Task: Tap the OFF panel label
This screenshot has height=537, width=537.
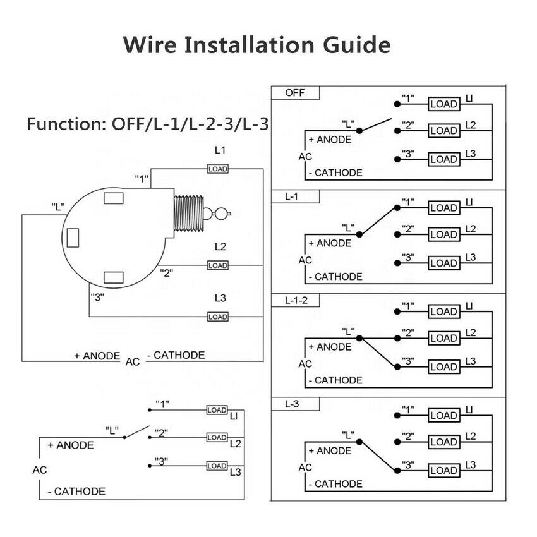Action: pyautogui.click(x=294, y=92)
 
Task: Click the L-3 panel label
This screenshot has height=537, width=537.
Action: pyautogui.click(x=291, y=404)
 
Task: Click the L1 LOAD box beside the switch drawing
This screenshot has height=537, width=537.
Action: pyautogui.click(x=217, y=169)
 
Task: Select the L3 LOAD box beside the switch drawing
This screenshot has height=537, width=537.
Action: pyautogui.click(x=217, y=317)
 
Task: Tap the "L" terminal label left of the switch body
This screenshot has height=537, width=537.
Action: pyautogui.click(x=59, y=206)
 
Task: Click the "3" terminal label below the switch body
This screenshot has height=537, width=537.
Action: pyautogui.click(x=98, y=297)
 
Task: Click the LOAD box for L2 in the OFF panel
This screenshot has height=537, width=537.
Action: pyautogui.click(x=443, y=131)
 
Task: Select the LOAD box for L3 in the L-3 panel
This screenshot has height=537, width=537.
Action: pyautogui.click(x=443, y=470)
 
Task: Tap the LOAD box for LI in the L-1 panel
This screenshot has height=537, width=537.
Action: pyautogui.click(x=443, y=208)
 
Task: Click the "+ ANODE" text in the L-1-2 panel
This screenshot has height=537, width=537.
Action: pyautogui.click(x=329, y=347)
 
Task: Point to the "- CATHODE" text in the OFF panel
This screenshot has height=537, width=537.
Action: pyautogui.click(x=335, y=172)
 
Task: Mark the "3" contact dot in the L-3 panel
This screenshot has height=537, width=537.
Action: pyautogui.click(x=397, y=470)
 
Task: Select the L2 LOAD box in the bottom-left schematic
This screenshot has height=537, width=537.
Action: pyautogui.click(x=217, y=437)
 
